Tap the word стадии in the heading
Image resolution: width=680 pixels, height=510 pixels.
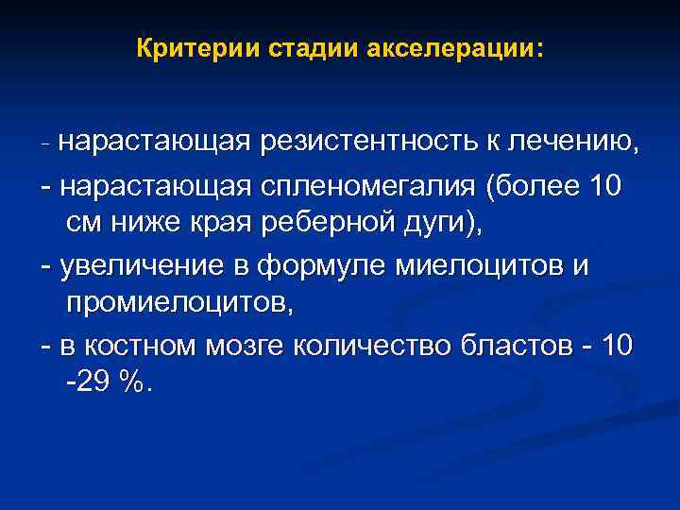click(x=295, y=48)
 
